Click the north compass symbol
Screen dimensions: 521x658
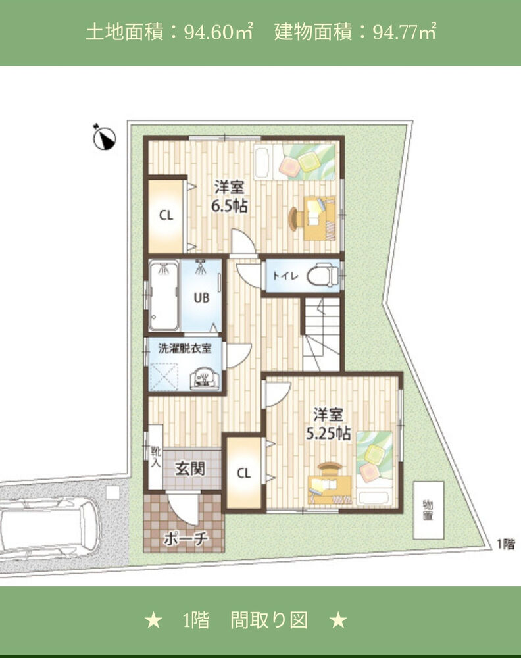[x=104, y=138]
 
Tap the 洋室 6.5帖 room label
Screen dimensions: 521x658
[x=229, y=196]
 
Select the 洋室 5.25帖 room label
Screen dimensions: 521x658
[x=328, y=424]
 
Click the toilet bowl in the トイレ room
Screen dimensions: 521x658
[x=322, y=275]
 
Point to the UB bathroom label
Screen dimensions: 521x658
[x=201, y=298]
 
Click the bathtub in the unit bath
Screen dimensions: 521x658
[x=164, y=296]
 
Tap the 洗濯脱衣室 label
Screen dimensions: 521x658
[x=185, y=348]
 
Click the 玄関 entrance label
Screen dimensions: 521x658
[x=190, y=468]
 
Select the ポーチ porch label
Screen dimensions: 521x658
[x=185, y=538]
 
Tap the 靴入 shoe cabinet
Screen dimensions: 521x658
[x=156, y=457]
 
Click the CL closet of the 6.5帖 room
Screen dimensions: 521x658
[x=166, y=216]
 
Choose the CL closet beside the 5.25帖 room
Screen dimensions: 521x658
[x=243, y=473]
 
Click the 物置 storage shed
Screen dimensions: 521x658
[x=428, y=511]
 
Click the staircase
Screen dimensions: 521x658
[x=321, y=334]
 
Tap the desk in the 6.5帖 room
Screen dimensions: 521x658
[x=320, y=218]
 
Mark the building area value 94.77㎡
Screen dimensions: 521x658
[x=405, y=32]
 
